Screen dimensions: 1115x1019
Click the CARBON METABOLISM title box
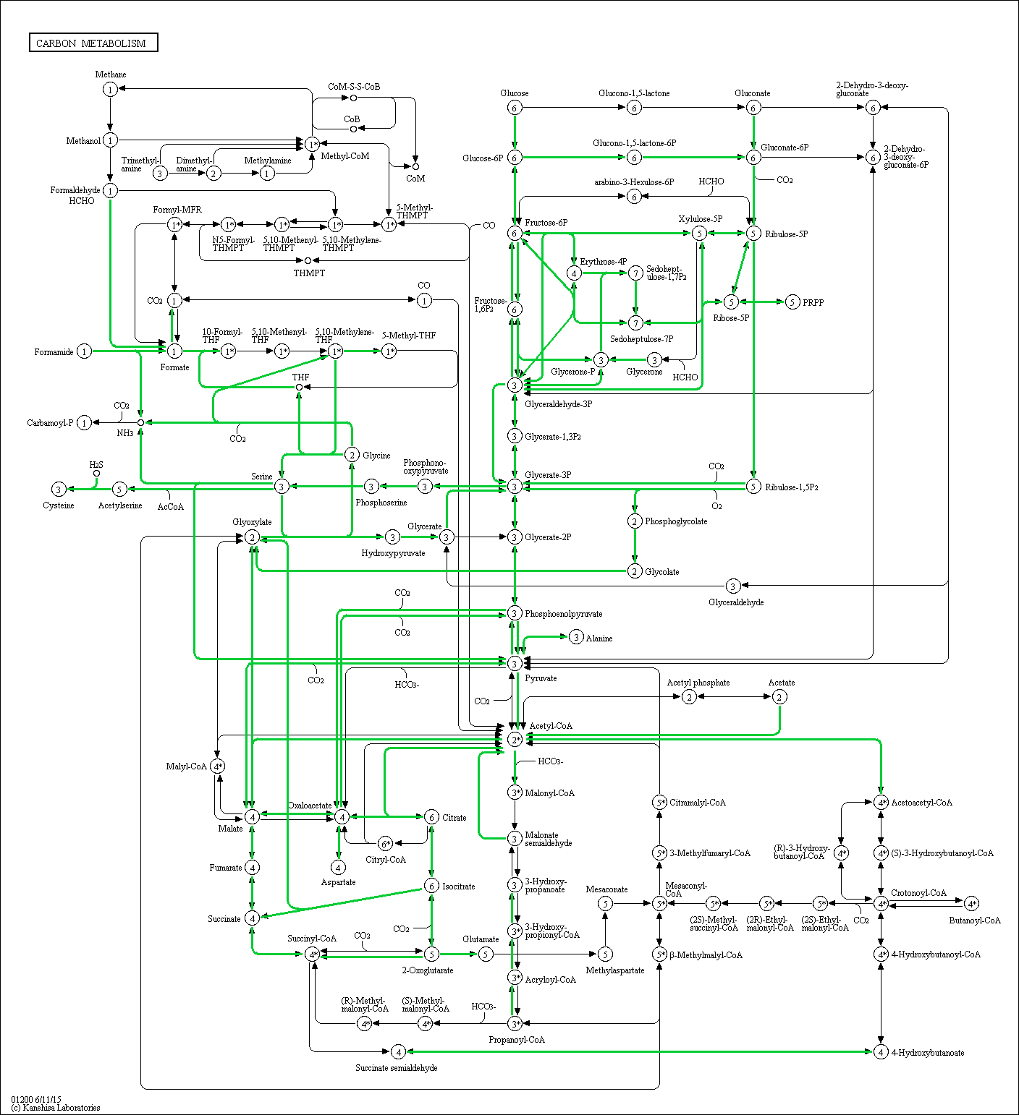click(93, 43)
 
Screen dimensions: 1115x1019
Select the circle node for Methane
click(110, 90)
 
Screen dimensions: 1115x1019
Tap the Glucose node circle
click(515, 108)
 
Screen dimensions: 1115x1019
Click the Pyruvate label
click(541, 678)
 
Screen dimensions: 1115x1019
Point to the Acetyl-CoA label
click(551, 726)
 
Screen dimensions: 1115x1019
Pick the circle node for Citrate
click(431, 817)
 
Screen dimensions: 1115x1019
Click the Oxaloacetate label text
click(310, 806)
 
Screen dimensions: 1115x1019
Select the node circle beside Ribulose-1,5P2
click(753, 487)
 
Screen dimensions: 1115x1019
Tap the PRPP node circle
click(792, 302)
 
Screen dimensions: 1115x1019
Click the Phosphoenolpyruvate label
click(563, 614)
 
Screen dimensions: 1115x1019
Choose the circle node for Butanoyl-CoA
click(972, 904)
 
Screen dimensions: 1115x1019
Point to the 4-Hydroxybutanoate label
click(927, 1053)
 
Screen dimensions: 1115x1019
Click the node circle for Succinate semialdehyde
click(398, 1051)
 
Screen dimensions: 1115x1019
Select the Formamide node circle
click(85, 352)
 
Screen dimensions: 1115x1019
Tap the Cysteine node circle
click(59, 490)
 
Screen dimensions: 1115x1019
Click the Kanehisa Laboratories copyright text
click(56, 1108)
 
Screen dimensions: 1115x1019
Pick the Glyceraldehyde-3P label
click(558, 404)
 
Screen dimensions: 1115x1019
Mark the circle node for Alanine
click(576, 637)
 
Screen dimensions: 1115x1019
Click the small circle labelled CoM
click(415, 166)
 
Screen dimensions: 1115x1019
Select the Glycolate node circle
click(635, 571)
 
